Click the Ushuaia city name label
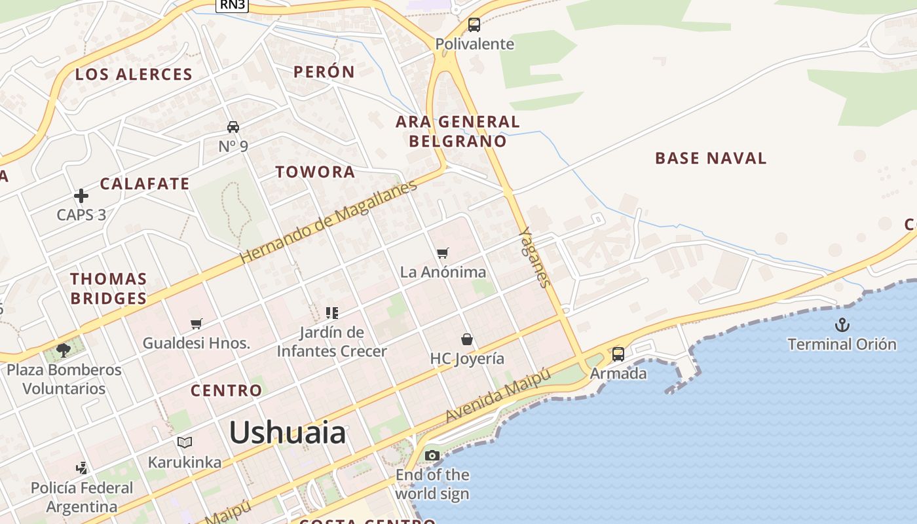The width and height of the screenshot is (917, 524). [x=288, y=433]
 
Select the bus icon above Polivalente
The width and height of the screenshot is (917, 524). [x=474, y=25]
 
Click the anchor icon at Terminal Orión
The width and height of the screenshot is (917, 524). [x=842, y=324]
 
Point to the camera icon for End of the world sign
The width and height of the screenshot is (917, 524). [x=432, y=455]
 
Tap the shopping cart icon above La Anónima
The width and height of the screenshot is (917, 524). [x=443, y=253]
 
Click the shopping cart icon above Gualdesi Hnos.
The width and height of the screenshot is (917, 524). [x=196, y=324]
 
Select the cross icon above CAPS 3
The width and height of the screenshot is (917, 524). [x=81, y=196]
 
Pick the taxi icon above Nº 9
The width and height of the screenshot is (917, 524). [x=233, y=126]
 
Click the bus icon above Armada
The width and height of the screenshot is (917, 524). [x=618, y=354]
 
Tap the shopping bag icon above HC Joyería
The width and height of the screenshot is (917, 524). [x=467, y=339]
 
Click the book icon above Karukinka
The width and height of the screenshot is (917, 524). [x=185, y=443]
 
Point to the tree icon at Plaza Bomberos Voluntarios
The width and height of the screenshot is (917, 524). [x=64, y=350]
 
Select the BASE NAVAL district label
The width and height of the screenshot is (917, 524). [x=711, y=158]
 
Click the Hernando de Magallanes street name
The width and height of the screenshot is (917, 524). [x=328, y=222]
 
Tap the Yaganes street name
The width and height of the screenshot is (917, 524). [x=534, y=257]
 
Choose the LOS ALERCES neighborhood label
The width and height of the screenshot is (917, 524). [x=134, y=74]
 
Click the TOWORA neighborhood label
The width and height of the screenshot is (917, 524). [x=315, y=172]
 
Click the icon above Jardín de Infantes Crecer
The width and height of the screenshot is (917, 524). [x=332, y=313]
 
